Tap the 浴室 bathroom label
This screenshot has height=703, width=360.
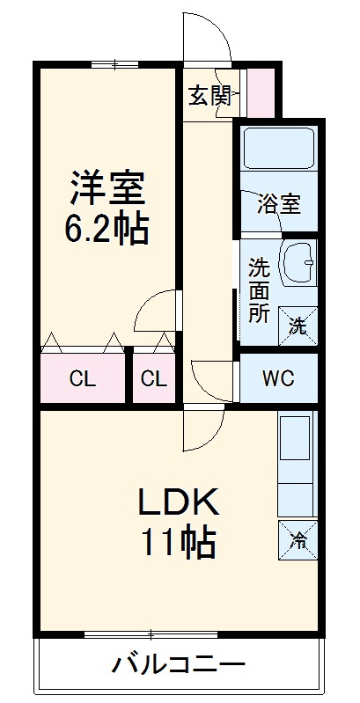278,205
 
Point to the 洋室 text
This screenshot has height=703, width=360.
107,187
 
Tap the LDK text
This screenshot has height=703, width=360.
176,502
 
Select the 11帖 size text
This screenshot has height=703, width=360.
176,544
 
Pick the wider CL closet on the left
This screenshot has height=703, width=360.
83,379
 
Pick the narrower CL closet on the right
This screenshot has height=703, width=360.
154,379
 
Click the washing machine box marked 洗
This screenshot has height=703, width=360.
298,325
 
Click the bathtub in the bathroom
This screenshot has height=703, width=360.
278,150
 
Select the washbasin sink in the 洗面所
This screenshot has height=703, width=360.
299,261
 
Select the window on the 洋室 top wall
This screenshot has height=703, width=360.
115,63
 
